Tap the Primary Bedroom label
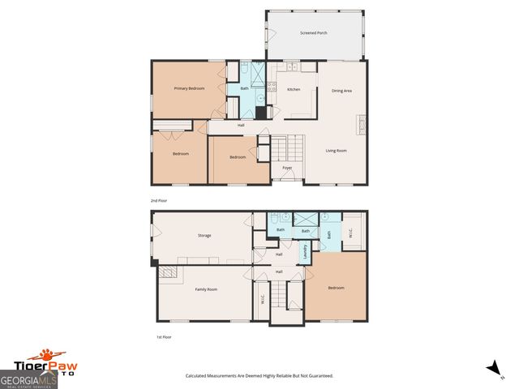(188, 88)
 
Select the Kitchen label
(294, 89)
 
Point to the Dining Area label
(341, 91)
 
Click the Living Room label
(337, 150)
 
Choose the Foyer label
(287, 168)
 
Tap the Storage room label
(204, 235)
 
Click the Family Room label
(206, 289)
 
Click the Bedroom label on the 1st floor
(336, 288)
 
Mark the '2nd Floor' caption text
(159, 199)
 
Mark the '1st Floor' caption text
(163, 336)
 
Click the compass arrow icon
(491, 369)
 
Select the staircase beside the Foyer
(279, 149)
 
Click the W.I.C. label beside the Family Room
(262, 299)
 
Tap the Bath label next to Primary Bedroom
(244, 88)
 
